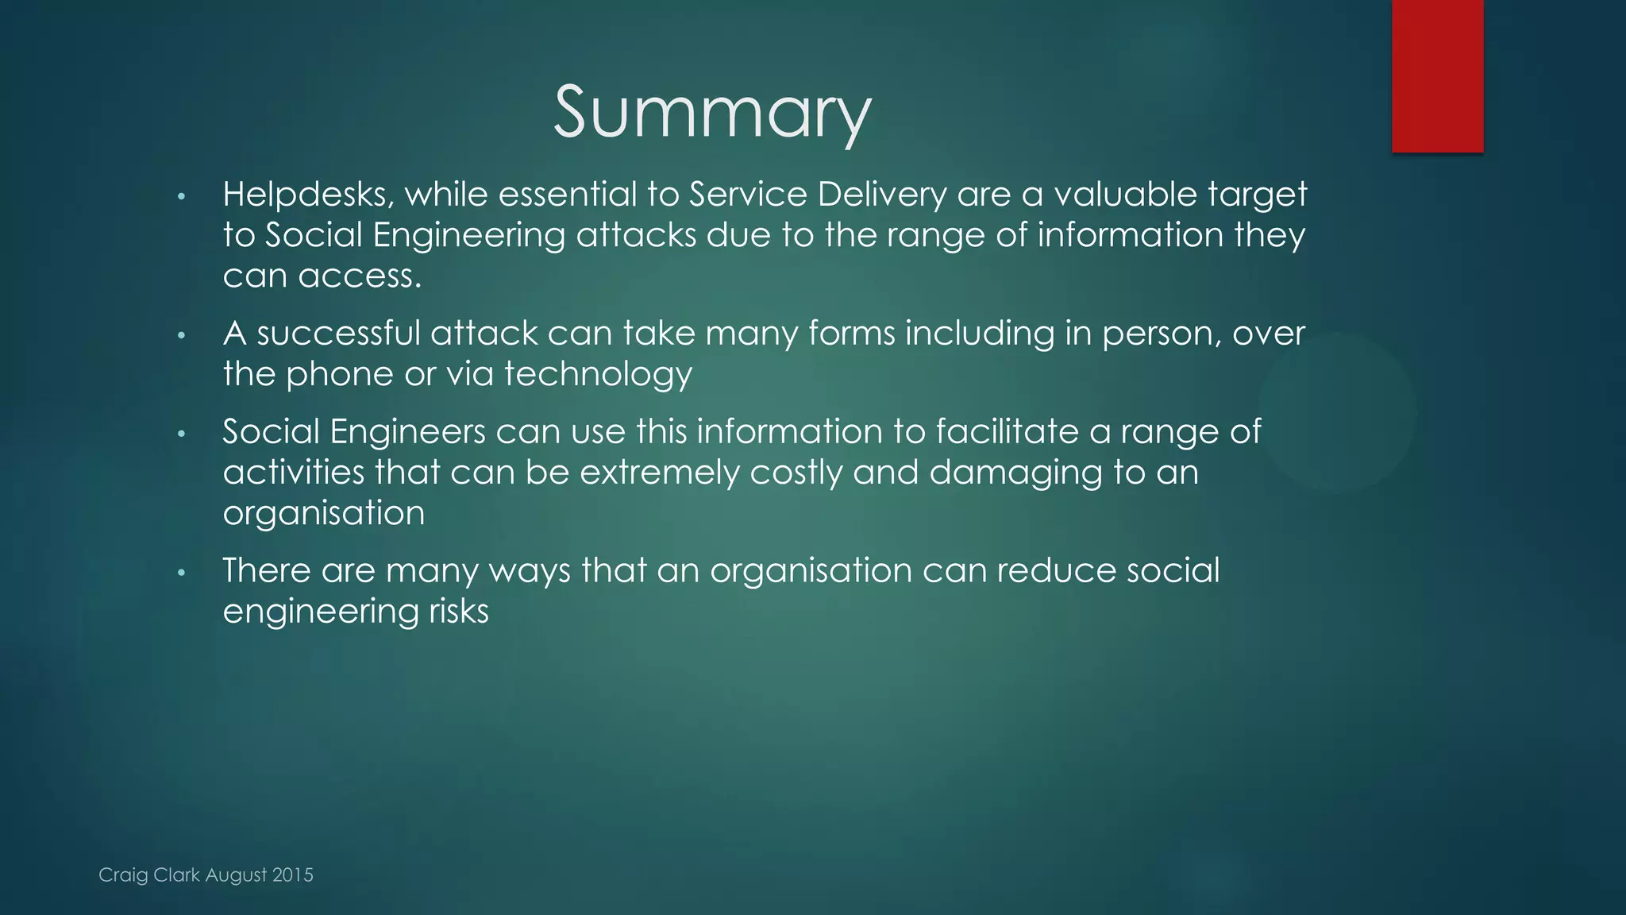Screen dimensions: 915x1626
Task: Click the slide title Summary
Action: click(712, 114)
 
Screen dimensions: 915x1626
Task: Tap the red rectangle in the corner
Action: click(1437, 75)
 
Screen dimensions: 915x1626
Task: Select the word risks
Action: click(459, 612)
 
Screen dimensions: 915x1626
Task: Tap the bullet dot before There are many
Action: click(181, 573)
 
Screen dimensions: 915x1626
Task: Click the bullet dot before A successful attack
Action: click(181, 335)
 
